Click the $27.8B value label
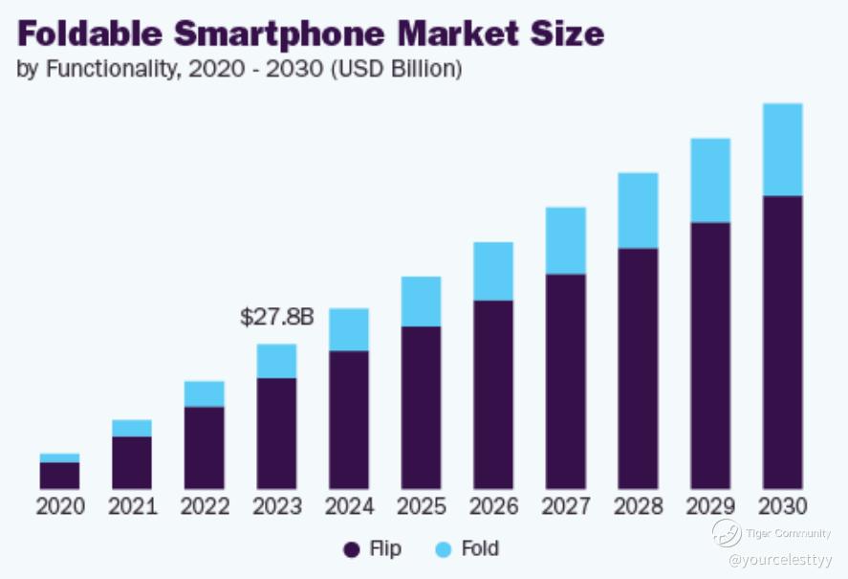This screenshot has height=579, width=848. coord(276,317)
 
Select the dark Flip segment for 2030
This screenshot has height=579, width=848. coord(782,342)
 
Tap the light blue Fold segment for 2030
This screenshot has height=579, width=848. coord(782,149)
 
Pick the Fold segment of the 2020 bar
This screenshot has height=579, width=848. coord(59,457)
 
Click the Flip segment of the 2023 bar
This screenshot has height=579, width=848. coord(276,433)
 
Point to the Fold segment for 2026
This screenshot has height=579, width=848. coord(493,271)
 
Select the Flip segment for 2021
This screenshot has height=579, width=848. coord(132,462)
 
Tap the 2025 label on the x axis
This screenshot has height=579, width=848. coord(422,506)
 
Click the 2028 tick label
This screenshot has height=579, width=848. coord(638,506)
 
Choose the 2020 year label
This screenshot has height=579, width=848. coord(60,506)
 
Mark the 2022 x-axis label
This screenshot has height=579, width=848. coord(205,506)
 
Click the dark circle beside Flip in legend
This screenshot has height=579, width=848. coord(351,549)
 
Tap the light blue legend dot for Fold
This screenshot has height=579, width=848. coord(443,549)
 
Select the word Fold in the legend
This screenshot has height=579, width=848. coord(480,549)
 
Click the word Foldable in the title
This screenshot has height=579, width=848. coord(90,33)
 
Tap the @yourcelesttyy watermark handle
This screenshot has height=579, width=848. coord(780,559)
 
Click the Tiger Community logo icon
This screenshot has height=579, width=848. coord(726,532)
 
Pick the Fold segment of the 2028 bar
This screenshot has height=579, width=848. coord(638,211)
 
